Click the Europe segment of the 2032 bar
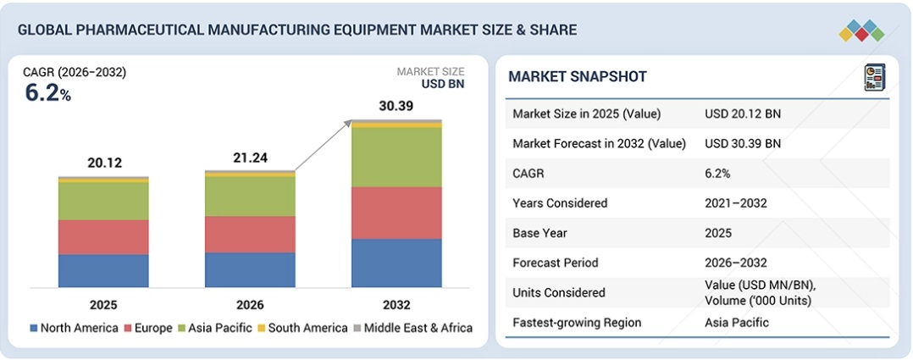pyautogui.click(x=396, y=213)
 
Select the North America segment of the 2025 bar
pyautogui.click(x=103, y=270)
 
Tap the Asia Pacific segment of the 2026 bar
pyautogui.click(x=250, y=196)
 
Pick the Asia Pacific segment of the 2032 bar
pyautogui.click(x=396, y=157)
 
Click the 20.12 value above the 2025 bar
pyautogui.click(x=103, y=163)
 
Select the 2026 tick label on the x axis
pyautogui.click(x=250, y=305)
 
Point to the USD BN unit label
pyautogui.click(x=442, y=84)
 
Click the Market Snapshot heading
pyautogui.click(x=577, y=77)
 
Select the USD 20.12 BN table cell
pyautogui.click(x=743, y=114)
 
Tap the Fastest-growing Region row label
pyautogui.click(x=577, y=322)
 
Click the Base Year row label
pyautogui.click(x=539, y=233)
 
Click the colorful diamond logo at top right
pyautogui.click(x=861, y=31)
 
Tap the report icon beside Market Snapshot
pyautogui.click(x=874, y=77)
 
